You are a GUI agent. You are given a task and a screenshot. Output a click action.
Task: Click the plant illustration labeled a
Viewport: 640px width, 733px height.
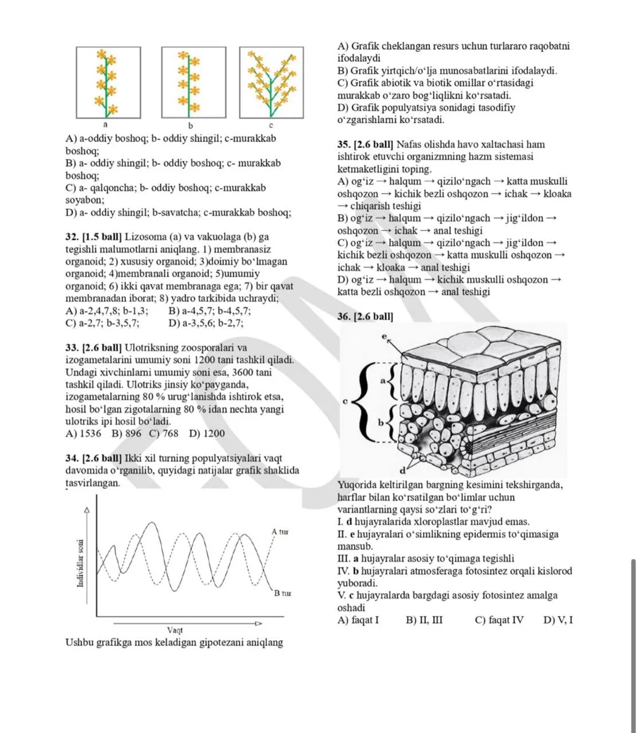coord(108,82)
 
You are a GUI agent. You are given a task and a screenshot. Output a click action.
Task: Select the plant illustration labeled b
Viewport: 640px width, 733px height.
coord(194,82)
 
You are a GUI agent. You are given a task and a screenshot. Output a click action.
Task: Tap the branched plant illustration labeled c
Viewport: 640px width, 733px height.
coord(272,82)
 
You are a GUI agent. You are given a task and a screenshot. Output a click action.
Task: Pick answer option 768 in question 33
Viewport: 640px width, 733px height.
coord(164,434)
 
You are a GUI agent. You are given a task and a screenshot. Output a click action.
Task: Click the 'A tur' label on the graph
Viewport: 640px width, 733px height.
coord(280,532)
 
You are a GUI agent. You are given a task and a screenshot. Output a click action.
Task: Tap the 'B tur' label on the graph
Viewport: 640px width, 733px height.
coord(282,593)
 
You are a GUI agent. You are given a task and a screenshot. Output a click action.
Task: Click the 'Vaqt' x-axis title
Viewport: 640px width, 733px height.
coord(175,630)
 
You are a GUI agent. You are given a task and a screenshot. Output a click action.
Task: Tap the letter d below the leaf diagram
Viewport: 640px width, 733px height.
coord(402,470)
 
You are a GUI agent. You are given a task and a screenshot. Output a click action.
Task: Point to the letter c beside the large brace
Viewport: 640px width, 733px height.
coord(345,401)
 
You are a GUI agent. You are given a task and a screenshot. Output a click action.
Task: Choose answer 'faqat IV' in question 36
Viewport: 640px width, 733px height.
coord(499,620)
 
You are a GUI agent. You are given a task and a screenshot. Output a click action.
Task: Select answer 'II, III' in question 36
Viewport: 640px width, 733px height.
coord(424,620)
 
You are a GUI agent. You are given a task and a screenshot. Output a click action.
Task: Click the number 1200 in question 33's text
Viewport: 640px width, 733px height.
coord(205,360)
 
